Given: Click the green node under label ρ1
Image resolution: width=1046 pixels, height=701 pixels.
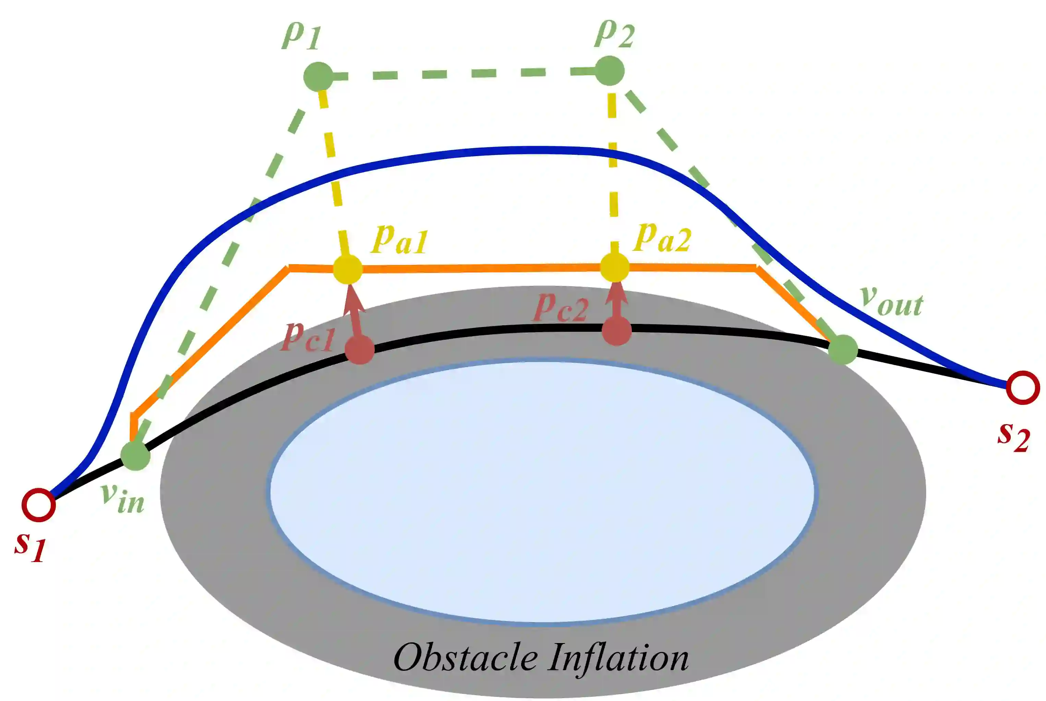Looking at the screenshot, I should click(318, 77).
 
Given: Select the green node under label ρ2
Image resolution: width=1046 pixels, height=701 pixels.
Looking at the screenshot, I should click(610, 71).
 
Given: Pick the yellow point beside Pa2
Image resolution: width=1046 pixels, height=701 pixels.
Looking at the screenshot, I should click(615, 267).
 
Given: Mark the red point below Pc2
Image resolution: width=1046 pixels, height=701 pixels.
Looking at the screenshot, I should click(616, 331).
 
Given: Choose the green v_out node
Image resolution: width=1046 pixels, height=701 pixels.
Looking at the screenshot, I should click(843, 349).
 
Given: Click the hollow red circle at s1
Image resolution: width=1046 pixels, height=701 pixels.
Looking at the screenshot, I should click(39, 505).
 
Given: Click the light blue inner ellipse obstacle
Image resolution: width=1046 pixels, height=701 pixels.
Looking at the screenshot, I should click(542, 492).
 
